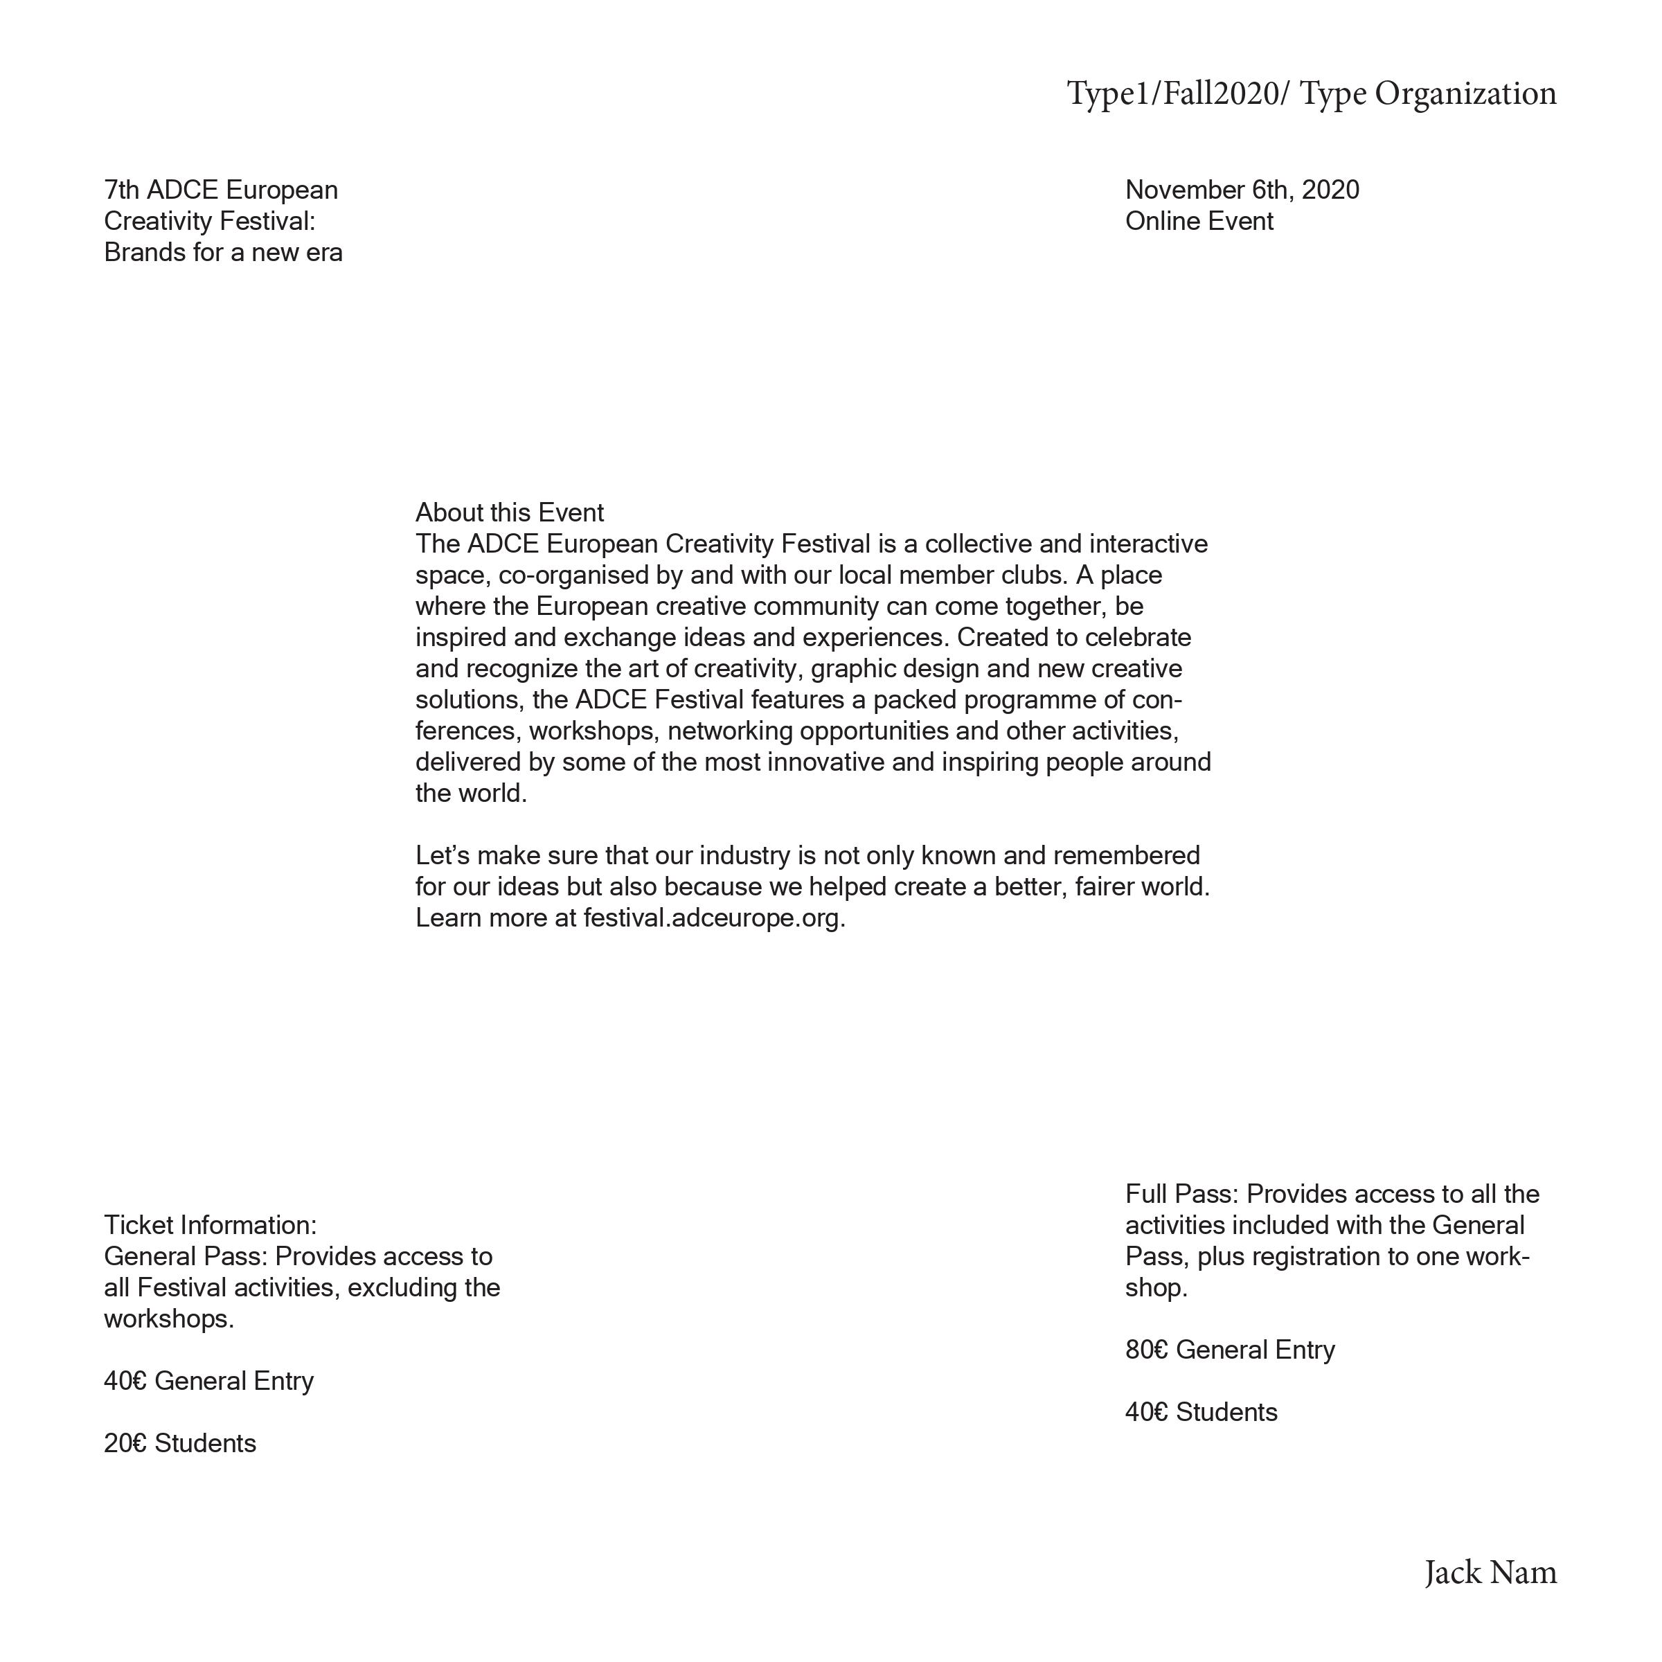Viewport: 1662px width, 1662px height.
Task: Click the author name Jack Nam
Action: coord(1490,1573)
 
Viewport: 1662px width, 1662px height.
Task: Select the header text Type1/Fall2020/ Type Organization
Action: coord(1311,93)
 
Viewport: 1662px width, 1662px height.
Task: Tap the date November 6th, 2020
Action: coord(1242,190)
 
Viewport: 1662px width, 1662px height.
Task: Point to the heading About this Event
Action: coord(509,512)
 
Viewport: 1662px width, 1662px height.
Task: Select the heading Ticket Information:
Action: coord(210,1225)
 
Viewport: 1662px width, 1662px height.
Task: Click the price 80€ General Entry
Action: coord(1229,1350)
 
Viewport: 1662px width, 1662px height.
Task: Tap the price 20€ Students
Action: coord(180,1443)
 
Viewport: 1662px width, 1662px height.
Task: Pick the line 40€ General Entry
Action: coord(208,1381)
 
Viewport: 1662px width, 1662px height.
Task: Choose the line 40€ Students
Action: coord(1201,1413)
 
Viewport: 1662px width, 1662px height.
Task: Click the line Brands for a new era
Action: coord(223,253)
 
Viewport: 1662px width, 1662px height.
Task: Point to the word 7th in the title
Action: coord(121,190)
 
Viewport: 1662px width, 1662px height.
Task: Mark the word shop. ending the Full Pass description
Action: coord(1155,1288)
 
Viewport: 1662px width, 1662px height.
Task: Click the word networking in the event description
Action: coord(731,731)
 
